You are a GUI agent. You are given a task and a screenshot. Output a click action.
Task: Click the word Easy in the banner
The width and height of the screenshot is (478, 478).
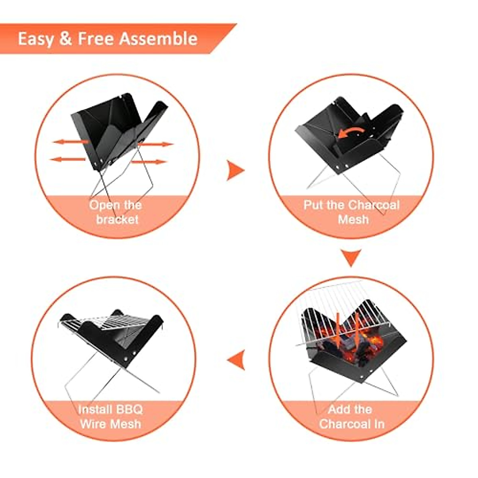pyautogui.click(x=35, y=39)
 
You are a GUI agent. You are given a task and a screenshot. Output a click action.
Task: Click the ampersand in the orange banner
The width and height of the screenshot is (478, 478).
pyautogui.click(x=65, y=39)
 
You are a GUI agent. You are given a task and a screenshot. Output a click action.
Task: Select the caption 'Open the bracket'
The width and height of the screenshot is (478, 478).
pyautogui.click(x=116, y=212)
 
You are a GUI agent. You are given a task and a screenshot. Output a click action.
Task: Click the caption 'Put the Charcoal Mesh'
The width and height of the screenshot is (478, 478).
pyautogui.click(x=352, y=212)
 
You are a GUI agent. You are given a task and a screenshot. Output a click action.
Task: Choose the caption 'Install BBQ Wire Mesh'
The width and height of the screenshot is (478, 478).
pyautogui.click(x=110, y=416)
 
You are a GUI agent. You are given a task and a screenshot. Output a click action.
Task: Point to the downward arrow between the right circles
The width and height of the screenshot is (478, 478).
pyautogui.click(x=351, y=258)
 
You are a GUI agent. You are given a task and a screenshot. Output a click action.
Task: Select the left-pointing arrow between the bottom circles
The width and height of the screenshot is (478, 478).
pyautogui.click(x=236, y=359)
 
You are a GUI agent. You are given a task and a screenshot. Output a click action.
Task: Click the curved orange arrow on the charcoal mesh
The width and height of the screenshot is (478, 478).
pyautogui.click(x=351, y=133)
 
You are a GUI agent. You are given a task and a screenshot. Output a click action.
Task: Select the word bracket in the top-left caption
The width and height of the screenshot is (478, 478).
pyautogui.click(x=117, y=219)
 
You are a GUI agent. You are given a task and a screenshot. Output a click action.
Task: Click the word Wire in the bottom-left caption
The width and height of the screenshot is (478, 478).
pyautogui.click(x=94, y=423)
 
